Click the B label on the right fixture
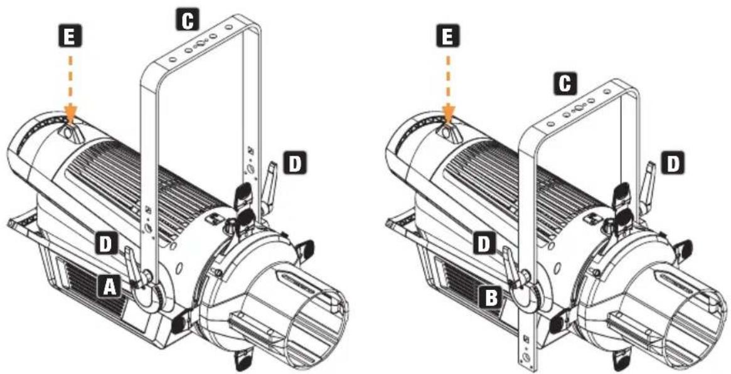point(491,297)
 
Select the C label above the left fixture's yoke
point(188,21)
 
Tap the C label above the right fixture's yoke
point(565,83)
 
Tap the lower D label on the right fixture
point(485,244)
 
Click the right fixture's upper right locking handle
point(648,183)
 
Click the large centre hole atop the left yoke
point(199,45)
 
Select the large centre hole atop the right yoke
point(577,107)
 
